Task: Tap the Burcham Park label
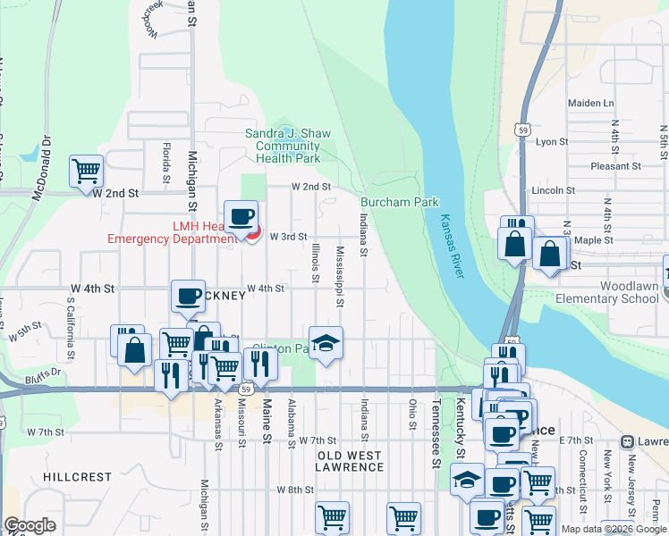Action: coord(400,203)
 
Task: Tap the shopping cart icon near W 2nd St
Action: coord(87,170)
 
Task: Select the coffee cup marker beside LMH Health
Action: coord(241,217)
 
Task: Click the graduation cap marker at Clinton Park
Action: coord(326,343)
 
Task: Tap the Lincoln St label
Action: coord(553,190)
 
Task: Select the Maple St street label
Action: coord(593,240)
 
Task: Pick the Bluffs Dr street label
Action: coord(44,372)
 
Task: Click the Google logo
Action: coord(30,525)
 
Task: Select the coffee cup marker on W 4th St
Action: coord(188,296)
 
